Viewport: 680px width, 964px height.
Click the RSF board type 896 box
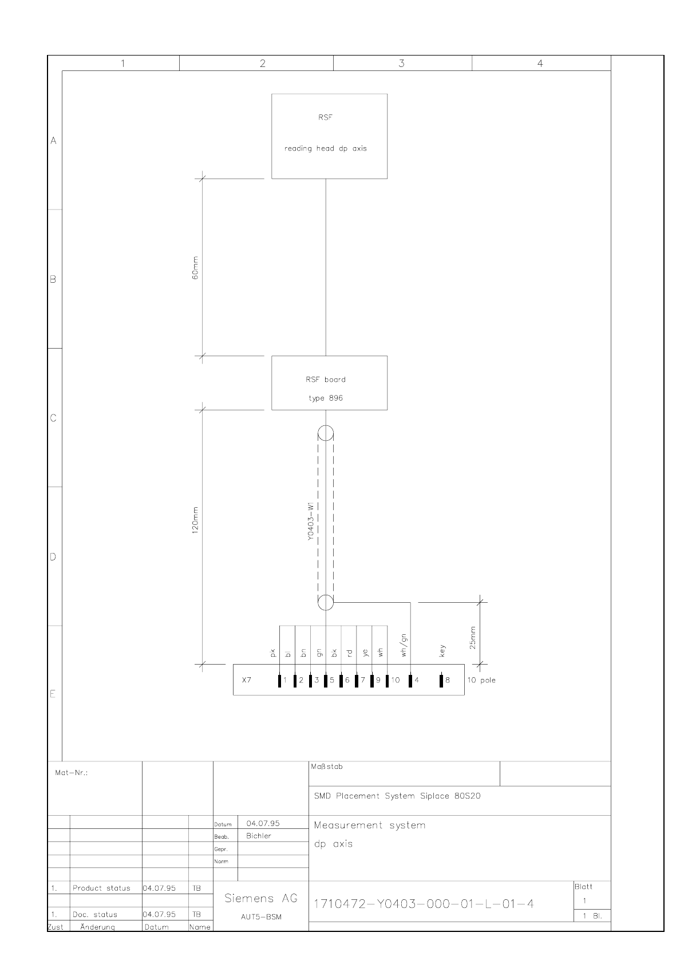pyautogui.click(x=329, y=382)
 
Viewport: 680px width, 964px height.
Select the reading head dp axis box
pyautogui.click(x=329, y=136)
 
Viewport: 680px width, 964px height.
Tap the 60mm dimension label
pyautogui.click(x=195, y=268)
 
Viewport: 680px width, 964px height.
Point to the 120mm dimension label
pyautogui.click(x=195, y=520)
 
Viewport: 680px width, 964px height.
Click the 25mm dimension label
pyautogui.click(x=473, y=637)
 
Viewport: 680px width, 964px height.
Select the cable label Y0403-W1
pyautogui.click(x=311, y=521)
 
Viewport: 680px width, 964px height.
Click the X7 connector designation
pyautogui.click(x=247, y=680)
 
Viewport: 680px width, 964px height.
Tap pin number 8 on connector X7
pyautogui.click(x=448, y=680)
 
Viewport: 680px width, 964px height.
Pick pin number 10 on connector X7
pyautogui.click(x=396, y=680)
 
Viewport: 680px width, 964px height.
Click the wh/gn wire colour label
pyautogui.click(x=404, y=645)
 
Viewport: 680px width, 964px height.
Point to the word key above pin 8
pyautogui.click(x=442, y=651)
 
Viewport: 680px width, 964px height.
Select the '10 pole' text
pyautogui.click(x=481, y=680)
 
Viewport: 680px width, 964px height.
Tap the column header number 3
pyautogui.click(x=402, y=64)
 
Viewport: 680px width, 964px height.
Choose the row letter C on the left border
pyautogui.click(x=53, y=418)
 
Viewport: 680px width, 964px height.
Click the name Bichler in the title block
pyautogui.click(x=259, y=835)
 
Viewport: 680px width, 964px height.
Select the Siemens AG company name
pyautogui.click(x=261, y=898)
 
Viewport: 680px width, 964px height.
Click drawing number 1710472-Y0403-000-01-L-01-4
pyautogui.click(x=424, y=903)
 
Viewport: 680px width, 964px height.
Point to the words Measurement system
pyautogui.click(x=370, y=825)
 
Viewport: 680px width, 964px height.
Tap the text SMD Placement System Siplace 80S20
pyautogui.click(x=397, y=796)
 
